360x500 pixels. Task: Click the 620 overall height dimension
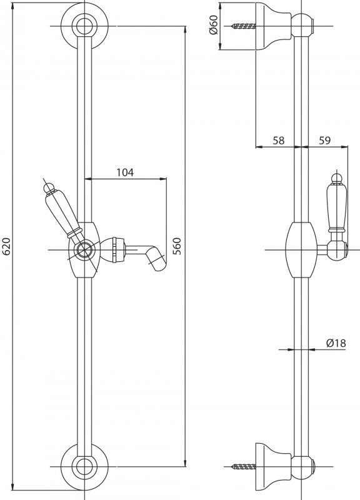click(6, 246)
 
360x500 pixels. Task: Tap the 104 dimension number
click(124, 172)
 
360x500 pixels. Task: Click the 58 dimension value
click(278, 140)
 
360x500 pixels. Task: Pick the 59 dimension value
click(324, 140)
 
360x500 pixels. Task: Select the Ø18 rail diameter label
click(336, 343)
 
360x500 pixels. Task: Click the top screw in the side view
click(244, 26)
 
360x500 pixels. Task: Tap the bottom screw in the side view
click(244, 467)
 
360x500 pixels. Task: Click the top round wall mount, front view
click(84, 26)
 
